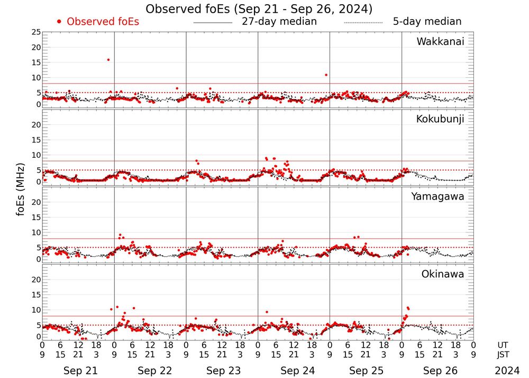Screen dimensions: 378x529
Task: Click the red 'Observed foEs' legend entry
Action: click(98, 22)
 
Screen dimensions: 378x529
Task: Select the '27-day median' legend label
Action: click(279, 22)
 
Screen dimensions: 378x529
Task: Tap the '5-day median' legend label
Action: click(427, 22)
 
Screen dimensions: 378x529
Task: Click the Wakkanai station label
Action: click(440, 42)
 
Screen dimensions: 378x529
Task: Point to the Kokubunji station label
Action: click(440, 119)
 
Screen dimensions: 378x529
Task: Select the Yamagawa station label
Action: click(437, 196)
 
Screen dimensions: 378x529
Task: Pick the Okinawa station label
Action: click(443, 274)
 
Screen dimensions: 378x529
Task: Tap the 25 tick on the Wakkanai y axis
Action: click(36, 32)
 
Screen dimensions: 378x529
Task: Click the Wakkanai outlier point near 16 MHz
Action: click(108, 60)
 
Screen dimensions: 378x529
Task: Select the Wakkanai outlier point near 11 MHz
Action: click(326, 75)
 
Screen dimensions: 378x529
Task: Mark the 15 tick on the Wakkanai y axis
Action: click(36, 62)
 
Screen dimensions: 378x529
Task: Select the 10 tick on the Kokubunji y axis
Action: click(36, 155)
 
